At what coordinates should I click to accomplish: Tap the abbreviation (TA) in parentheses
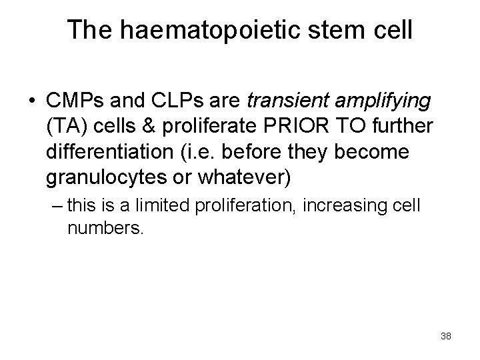(66, 126)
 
